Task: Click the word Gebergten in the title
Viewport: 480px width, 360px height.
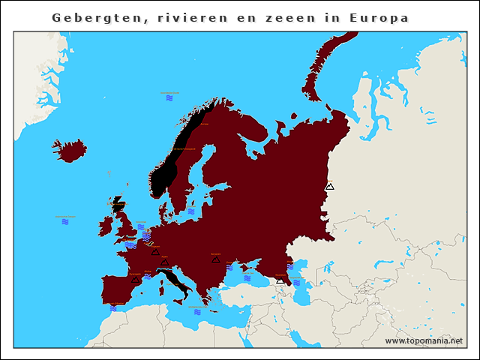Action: pyautogui.click(x=88, y=17)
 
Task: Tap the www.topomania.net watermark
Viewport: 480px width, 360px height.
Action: pyautogui.click(x=424, y=340)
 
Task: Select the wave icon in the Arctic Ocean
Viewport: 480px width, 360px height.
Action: pyautogui.click(x=169, y=97)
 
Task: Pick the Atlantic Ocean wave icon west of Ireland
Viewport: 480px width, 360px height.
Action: pyautogui.click(x=65, y=222)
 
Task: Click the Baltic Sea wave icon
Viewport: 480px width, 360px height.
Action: pyautogui.click(x=191, y=211)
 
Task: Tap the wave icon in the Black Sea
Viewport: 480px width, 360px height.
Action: pyautogui.click(x=247, y=278)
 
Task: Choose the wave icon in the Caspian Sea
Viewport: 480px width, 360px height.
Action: pyautogui.click(x=297, y=282)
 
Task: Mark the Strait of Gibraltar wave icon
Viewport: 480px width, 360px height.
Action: pyautogui.click(x=113, y=307)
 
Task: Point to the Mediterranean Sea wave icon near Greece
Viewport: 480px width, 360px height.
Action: pyautogui.click(x=197, y=311)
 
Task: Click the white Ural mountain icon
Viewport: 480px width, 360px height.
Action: pyautogui.click(x=329, y=186)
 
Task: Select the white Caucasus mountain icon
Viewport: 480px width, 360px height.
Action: pyautogui.click(x=280, y=280)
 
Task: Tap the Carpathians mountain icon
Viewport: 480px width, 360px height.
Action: pyautogui.click(x=215, y=259)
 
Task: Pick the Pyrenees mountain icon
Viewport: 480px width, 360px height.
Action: pyautogui.click(x=135, y=279)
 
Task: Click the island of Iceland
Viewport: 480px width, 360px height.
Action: pyautogui.click(x=70, y=150)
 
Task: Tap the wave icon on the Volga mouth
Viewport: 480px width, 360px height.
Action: pyautogui.click(x=290, y=266)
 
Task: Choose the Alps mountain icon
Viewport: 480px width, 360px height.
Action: pyautogui.click(x=164, y=262)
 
